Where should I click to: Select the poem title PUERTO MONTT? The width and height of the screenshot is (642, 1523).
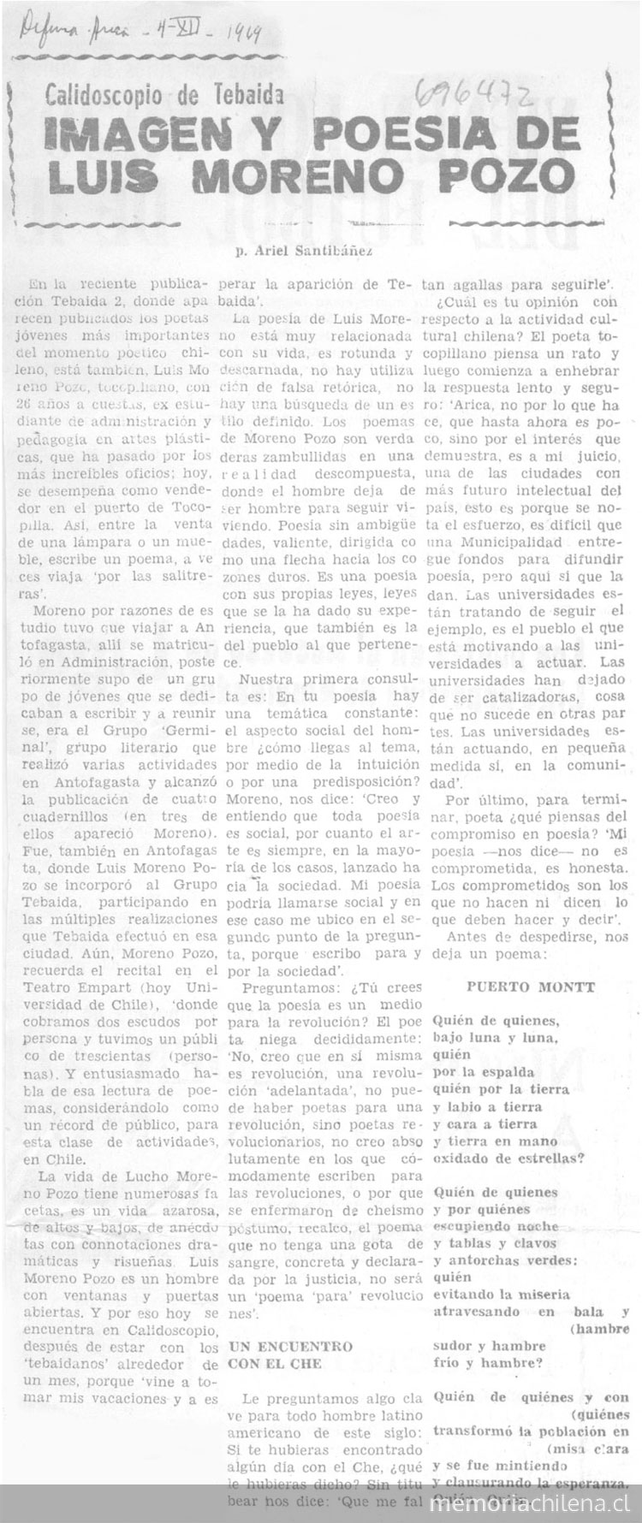point(531,986)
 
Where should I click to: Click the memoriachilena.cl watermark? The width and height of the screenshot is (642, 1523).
point(539,1504)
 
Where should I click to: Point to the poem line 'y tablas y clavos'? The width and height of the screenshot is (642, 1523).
point(491,1243)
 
